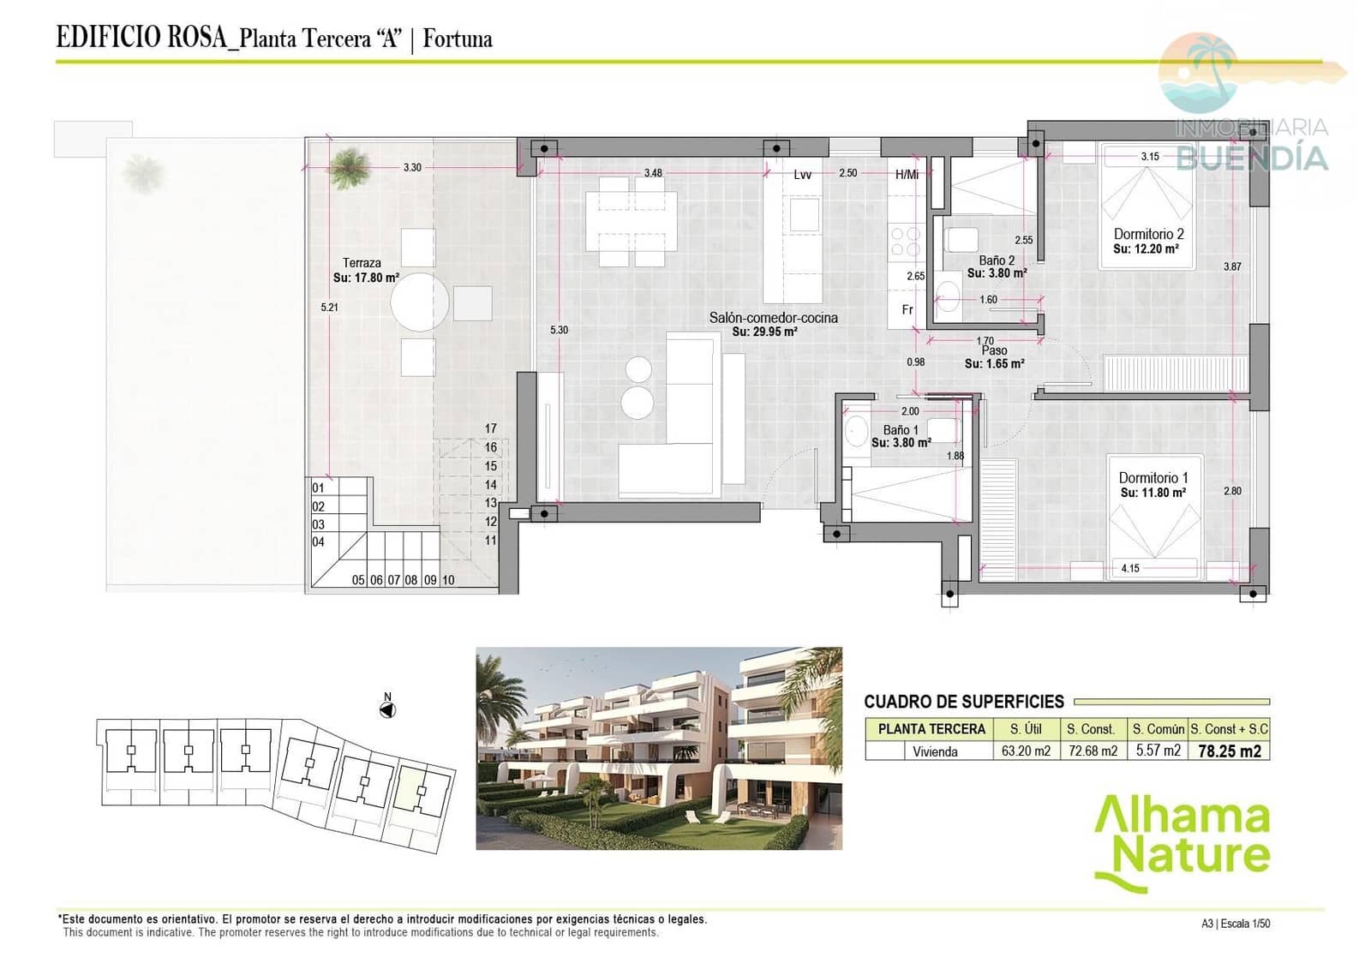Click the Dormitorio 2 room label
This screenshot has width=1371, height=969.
(x=1148, y=234)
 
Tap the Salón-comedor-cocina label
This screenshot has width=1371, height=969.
(x=773, y=318)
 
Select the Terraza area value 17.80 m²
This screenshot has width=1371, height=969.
(x=366, y=278)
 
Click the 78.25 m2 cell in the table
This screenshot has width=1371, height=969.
(x=1229, y=751)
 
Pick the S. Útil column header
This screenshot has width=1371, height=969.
(x=1026, y=729)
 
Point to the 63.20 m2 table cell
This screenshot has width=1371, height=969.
(x=1026, y=751)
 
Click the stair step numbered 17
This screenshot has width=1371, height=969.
(x=490, y=428)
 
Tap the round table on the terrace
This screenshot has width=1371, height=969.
(x=420, y=302)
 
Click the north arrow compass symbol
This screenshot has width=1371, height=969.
(x=387, y=710)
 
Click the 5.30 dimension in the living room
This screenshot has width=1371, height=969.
(x=559, y=330)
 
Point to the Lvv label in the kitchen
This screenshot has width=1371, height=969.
(x=802, y=175)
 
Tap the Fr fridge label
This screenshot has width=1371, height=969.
(x=907, y=310)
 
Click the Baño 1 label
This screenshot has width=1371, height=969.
(x=901, y=430)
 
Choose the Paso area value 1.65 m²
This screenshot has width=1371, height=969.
(x=994, y=363)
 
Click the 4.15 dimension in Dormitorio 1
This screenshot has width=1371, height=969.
(x=1130, y=568)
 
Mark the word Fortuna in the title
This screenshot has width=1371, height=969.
(x=458, y=39)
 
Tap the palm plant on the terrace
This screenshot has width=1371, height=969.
(x=350, y=166)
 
